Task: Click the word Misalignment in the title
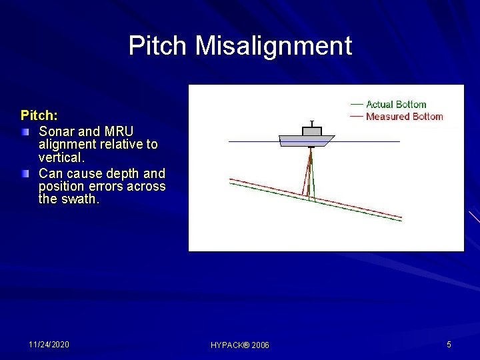pos(273,46)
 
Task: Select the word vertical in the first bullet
pos(61,158)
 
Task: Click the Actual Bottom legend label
pos(396,105)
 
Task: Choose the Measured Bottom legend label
pos(404,117)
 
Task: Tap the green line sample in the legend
pos(357,105)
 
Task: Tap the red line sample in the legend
pos(357,117)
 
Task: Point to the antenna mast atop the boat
pos(311,124)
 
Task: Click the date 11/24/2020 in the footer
pos(49,345)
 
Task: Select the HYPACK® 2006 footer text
pos(240,345)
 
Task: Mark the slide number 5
pos(449,345)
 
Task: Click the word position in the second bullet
pos(63,186)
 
